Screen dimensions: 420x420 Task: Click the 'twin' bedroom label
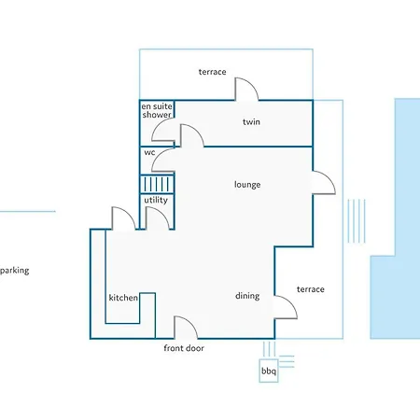coord(251,121)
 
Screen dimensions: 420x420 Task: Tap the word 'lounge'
coord(247,185)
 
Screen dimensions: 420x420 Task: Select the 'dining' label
coord(247,296)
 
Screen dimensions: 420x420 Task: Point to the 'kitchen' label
coord(123,298)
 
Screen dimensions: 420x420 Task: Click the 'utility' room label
coord(156,200)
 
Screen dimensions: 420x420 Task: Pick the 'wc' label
coord(149,152)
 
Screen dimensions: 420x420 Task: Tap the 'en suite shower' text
coord(157,110)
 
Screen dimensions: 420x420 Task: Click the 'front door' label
coord(184,348)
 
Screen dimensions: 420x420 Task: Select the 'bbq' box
coord(269,371)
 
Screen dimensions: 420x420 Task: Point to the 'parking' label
coord(15,271)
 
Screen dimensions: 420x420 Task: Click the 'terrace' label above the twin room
coord(213,72)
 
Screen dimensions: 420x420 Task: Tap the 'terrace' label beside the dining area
coord(311,289)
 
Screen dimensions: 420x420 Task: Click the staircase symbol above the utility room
coord(157,184)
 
